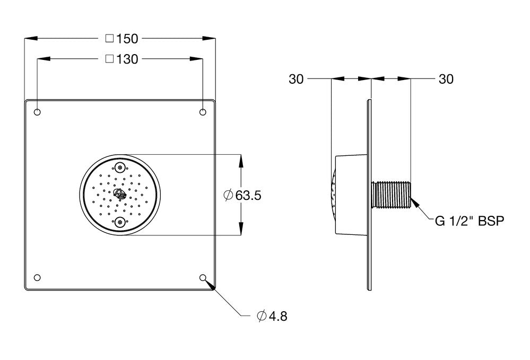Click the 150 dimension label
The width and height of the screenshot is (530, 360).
(x=127, y=38)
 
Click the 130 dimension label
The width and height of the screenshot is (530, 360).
(x=127, y=59)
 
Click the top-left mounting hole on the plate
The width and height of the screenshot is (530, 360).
(x=37, y=112)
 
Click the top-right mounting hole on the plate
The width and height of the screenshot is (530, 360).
(x=203, y=112)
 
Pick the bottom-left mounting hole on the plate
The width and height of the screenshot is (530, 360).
(x=37, y=278)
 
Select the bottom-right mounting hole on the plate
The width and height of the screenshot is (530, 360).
(x=203, y=278)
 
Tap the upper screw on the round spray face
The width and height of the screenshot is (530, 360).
(x=120, y=168)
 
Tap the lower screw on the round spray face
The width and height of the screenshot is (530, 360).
(x=120, y=222)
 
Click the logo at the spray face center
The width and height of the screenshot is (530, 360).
(x=120, y=194)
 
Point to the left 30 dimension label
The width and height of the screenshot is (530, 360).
(x=296, y=79)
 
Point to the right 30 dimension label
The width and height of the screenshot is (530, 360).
(x=446, y=79)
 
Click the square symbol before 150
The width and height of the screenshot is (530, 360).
(x=109, y=38)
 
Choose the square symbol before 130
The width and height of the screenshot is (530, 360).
(x=109, y=59)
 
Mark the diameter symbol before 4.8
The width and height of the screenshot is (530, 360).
(x=260, y=317)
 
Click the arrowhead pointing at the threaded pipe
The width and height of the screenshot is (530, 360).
(x=415, y=202)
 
